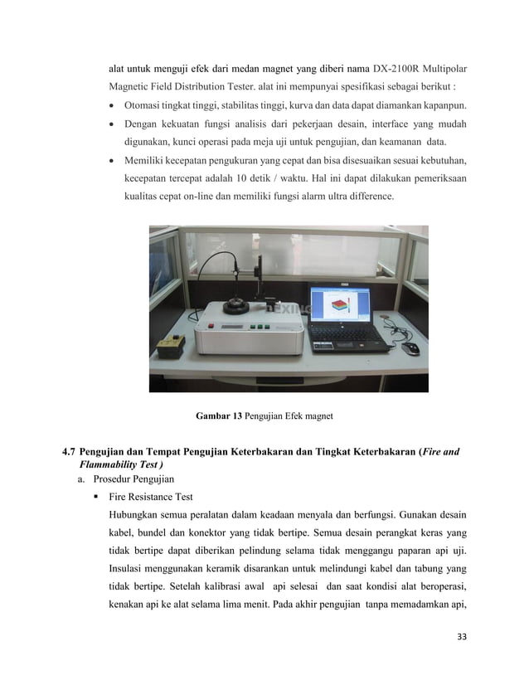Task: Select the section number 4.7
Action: click(69, 452)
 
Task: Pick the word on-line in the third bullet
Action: click(214, 197)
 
